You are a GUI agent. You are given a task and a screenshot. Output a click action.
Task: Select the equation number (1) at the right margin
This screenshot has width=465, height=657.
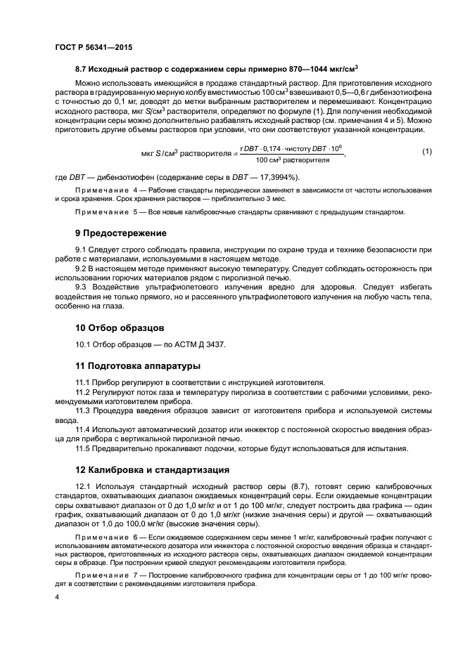tap(426, 152)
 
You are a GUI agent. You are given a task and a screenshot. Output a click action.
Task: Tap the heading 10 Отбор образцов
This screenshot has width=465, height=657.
tap(120, 327)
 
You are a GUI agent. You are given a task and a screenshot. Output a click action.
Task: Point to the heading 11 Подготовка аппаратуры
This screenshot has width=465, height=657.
tap(138, 365)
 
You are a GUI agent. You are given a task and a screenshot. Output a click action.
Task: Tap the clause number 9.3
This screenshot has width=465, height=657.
tap(83, 286)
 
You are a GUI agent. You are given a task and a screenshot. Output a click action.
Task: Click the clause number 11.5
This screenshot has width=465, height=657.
tap(85, 448)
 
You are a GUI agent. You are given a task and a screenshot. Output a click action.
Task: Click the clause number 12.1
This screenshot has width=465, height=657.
tap(85, 487)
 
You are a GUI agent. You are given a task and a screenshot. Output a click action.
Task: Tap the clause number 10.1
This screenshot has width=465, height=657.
tap(85, 344)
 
